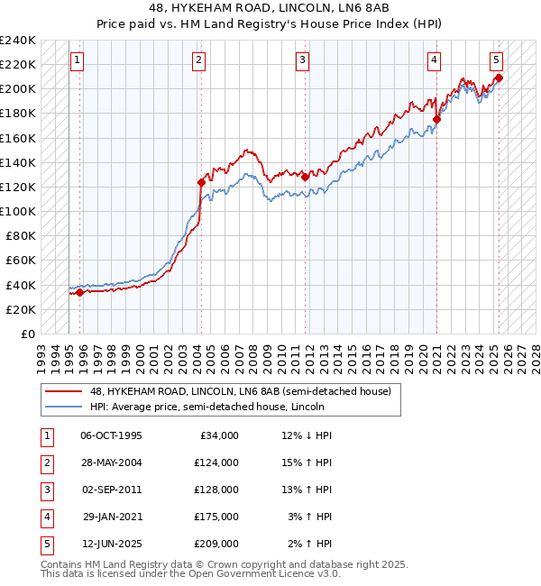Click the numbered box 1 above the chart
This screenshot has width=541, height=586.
click(x=78, y=60)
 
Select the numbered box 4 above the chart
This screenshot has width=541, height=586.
click(x=434, y=60)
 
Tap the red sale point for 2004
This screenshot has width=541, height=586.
click(x=201, y=182)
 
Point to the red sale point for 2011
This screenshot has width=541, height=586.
click(x=306, y=178)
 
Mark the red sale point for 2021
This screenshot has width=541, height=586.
click(x=436, y=119)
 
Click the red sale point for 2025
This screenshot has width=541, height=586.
click(x=499, y=78)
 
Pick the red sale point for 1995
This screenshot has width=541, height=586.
click(x=80, y=292)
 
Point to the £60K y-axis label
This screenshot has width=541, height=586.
click(x=21, y=261)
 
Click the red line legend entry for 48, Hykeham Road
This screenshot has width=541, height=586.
click(x=240, y=392)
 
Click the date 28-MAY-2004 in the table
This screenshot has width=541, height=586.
click(x=111, y=462)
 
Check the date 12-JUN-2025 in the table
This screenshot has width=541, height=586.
click(x=111, y=544)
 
